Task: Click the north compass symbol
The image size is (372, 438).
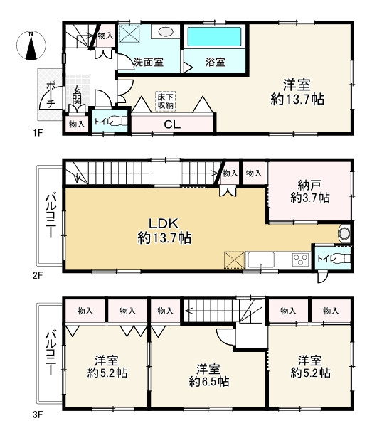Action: point(31,46)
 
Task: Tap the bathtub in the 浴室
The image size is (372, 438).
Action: point(214,36)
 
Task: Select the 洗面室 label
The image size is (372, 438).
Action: point(148,62)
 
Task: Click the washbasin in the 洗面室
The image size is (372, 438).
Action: point(166,31)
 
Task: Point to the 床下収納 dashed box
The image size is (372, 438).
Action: point(166,101)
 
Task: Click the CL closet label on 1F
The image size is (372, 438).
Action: point(172,124)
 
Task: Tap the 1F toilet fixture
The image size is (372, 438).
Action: point(118,121)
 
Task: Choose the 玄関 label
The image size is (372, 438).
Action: point(77,95)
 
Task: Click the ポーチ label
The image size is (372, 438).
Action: point(51,95)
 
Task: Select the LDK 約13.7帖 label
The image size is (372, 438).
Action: point(164,230)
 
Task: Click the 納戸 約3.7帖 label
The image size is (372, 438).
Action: point(309,191)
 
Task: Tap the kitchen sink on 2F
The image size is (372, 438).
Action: point(261,260)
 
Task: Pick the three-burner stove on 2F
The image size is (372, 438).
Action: point(300,260)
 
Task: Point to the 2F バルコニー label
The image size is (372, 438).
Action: point(51,215)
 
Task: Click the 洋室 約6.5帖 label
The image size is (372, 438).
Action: point(209,375)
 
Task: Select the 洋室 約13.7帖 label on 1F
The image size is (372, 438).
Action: point(297,92)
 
